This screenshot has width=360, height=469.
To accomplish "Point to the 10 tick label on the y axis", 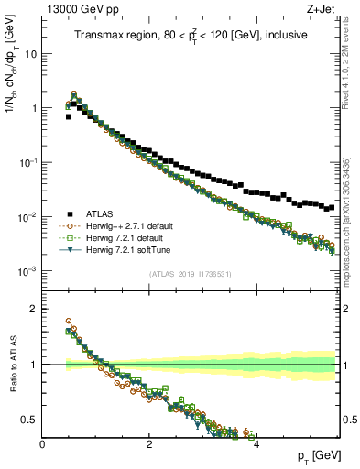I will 30,53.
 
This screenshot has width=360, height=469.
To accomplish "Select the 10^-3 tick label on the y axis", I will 27,271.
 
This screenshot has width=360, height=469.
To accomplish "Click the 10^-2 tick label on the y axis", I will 27,217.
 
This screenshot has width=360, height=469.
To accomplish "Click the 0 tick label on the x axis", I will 42,442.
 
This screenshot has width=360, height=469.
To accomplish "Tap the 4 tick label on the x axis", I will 256,442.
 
